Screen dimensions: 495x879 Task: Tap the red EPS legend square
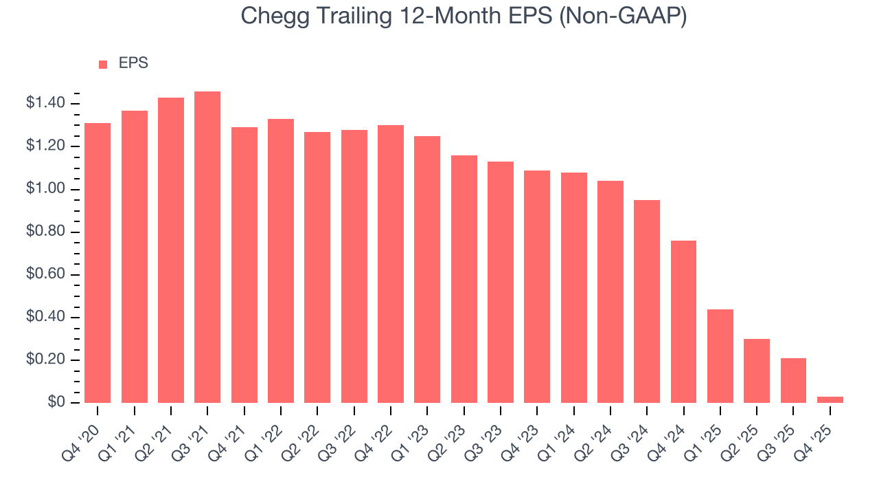[x=103, y=64]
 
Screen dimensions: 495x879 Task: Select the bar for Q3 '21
[x=207, y=247]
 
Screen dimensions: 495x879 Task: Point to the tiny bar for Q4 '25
[x=830, y=399]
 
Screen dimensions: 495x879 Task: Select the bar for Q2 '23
[x=464, y=279]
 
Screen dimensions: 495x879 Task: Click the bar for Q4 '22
[x=391, y=264]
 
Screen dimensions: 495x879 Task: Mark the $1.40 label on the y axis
[x=45, y=103]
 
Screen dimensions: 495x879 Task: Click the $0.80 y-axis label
[x=45, y=232]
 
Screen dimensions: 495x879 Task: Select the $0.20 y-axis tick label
[x=45, y=360]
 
